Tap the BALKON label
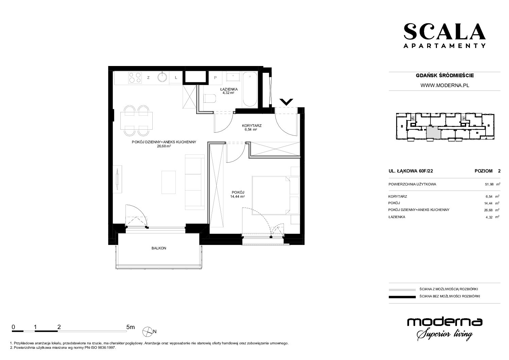click(159, 248)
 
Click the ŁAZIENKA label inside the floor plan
click(228, 89)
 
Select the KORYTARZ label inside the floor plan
click(252, 126)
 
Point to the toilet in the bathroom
click(210, 99)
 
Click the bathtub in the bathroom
click(250, 89)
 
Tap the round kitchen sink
click(162, 77)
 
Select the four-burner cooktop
click(135, 77)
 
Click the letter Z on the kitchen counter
click(148, 78)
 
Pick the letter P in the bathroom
click(216, 78)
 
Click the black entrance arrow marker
click(286, 102)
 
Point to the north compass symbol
click(147, 332)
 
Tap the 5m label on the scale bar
click(131, 327)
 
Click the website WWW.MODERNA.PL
click(445, 85)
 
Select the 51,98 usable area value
click(489, 184)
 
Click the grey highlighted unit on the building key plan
click(433, 133)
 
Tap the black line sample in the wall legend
click(402, 297)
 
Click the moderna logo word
click(445, 322)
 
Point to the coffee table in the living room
click(169, 182)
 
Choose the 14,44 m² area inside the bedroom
click(237, 196)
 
